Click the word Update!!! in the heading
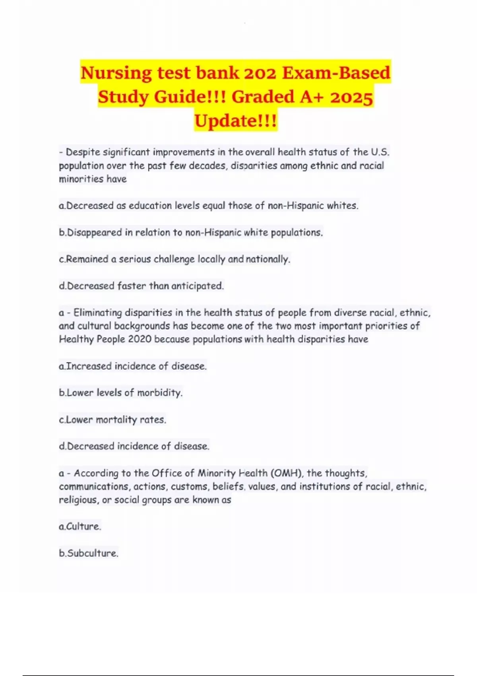(x=236, y=120)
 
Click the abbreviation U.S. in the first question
(x=380, y=152)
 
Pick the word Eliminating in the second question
(x=102, y=313)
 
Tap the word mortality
(x=116, y=420)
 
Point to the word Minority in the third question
(x=217, y=473)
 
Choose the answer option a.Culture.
(x=80, y=526)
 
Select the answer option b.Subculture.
(x=89, y=553)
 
